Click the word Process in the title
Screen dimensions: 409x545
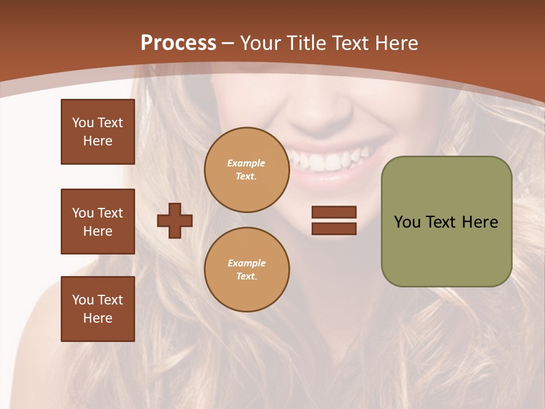click(x=178, y=43)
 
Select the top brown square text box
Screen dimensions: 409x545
click(x=98, y=132)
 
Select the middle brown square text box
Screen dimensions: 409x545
click(x=98, y=222)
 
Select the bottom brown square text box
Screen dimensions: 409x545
click(x=98, y=309)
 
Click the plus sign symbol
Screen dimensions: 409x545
click(x=174, y=220)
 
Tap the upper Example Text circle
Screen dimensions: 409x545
click(x=246, y=170)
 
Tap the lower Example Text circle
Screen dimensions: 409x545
click(x=246, y=270)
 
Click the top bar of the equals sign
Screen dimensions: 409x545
click(x=334, y=212)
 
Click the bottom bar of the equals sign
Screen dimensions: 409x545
click(x=334, y=228)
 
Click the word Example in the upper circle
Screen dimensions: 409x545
click(x=246, y=163)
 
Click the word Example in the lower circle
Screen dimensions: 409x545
click(x=246, y=263)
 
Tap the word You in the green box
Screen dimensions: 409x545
click(x=407, y=222)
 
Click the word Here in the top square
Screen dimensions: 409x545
click(x=98, y=141)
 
